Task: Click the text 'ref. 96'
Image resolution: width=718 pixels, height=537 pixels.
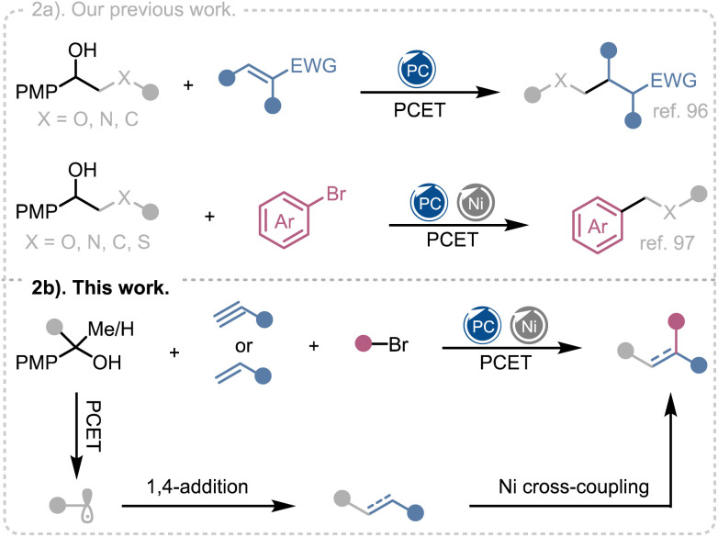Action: coord(680,111)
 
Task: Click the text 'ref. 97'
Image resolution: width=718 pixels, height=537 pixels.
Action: coord(668,242)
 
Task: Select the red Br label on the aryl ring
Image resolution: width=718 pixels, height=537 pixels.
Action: coord(336,194)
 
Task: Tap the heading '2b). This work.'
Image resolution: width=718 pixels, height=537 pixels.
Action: coord(100,287)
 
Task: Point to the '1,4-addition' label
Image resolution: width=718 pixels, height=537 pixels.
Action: coord(197,487)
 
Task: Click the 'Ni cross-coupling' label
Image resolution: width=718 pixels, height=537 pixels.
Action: coord(574,487)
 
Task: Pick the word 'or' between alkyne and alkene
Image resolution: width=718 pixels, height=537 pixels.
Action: coord(243,346)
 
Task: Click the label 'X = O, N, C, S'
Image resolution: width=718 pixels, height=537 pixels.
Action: coord(87,241)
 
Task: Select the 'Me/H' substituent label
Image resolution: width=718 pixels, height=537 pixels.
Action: coord(111,329)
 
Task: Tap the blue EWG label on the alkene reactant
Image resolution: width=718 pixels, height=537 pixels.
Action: coord(314,66)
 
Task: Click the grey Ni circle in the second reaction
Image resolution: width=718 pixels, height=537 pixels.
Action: coord(476,202)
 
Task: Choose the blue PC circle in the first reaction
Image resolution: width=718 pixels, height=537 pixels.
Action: coord(417,70)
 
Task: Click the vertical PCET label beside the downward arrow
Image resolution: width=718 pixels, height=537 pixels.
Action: coord(94,426)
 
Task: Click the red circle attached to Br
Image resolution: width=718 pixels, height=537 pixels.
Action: coord(364,344)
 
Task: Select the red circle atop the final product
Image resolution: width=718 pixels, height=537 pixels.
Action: coord(676,321)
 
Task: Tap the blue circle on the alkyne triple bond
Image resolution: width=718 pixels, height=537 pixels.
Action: coord(264,320)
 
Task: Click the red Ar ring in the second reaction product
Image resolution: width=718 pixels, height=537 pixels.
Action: coord(598,226)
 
